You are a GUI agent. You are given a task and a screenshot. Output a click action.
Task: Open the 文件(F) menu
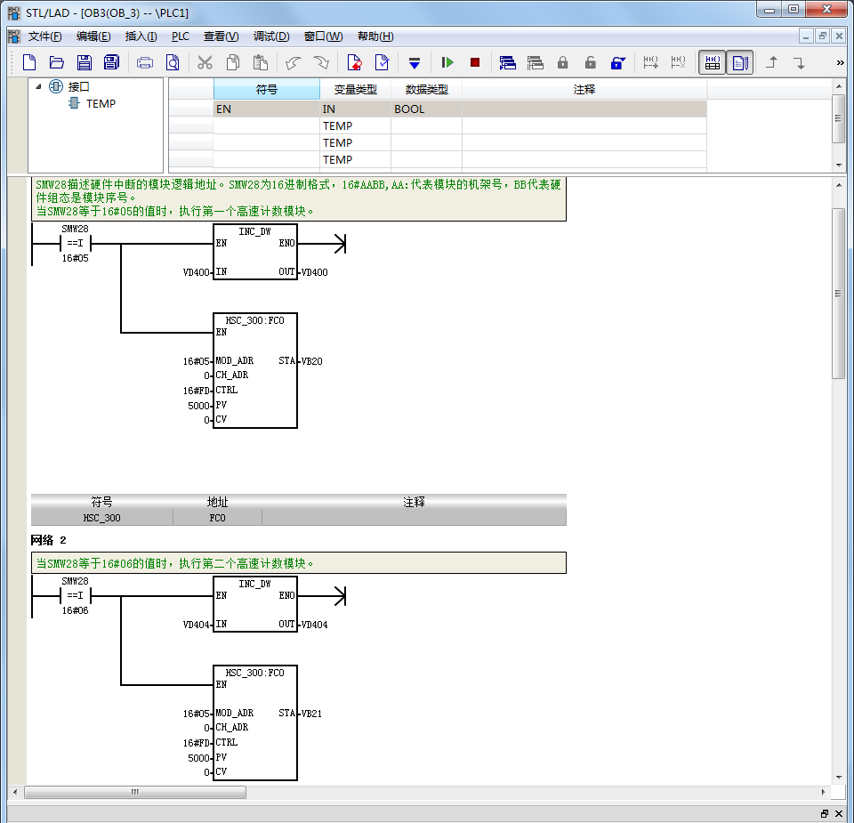click(44, 36)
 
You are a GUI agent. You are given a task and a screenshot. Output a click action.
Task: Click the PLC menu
click(181, 36)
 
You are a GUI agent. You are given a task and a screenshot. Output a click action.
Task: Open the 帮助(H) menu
click(375, 36)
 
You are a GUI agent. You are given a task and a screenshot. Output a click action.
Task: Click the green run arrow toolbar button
click(447, 62)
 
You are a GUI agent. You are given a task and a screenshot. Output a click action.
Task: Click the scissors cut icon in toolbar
click(205, 62)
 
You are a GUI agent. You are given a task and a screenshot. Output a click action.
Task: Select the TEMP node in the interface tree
click(101, 103)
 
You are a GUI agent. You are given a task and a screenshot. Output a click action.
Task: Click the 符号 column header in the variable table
click(266, 89)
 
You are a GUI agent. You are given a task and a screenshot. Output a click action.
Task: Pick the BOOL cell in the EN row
click(409, 109)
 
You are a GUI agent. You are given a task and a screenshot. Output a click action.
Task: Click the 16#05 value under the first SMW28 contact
click(75, 258)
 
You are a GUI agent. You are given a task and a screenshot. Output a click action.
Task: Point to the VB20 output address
click(311, 361)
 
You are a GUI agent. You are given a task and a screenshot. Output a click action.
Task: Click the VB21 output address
click(311, 714)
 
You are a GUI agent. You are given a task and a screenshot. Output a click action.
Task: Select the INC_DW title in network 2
click(254, 584)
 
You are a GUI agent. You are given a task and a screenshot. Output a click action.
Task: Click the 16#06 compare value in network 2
click(75, 610)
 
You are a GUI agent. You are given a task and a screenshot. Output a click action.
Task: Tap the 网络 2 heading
click(48, 540)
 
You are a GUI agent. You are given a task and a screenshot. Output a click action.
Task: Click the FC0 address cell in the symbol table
click(217, 518)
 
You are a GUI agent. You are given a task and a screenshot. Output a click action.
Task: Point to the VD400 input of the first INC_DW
click(196, 272)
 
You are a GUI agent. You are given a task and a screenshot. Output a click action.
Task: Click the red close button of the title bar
click(826, 9)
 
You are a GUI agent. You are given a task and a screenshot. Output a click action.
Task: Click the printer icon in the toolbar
click(145, 62)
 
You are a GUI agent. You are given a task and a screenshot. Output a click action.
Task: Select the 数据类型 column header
click(426, 89)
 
